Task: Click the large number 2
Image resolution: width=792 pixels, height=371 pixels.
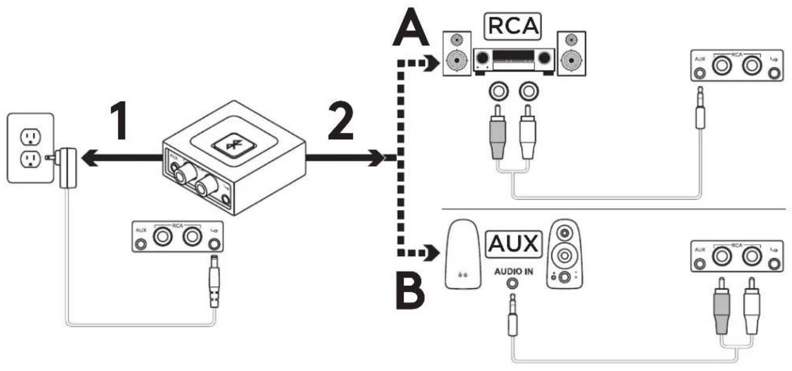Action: [341, 120]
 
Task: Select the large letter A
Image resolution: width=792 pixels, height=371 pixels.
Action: [411, 27]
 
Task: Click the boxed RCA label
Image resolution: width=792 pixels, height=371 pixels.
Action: [513, 26]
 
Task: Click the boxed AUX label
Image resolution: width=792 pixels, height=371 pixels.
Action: [514, 244]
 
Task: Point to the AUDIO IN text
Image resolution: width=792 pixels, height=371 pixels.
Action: [514, 272]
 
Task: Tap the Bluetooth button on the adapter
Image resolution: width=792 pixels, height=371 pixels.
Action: [234, 145]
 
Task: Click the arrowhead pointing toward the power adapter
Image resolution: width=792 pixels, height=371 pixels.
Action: [90, 158]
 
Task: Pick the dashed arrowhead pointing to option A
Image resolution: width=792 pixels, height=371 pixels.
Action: [433, 63]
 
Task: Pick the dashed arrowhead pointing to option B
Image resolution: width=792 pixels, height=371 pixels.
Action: [433, 252]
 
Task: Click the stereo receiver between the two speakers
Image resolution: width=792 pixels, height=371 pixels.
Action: [514, 61]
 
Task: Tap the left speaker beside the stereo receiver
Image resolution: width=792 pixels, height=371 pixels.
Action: [457, 54]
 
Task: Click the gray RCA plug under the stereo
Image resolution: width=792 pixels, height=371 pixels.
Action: [497, 132]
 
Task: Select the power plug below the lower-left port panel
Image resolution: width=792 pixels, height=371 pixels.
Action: [214, 282]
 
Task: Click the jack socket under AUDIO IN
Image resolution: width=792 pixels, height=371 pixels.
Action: [512, 283]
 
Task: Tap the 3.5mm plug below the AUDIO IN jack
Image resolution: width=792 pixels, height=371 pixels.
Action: [512, 315]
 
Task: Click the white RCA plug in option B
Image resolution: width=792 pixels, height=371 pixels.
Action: [752, 306]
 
